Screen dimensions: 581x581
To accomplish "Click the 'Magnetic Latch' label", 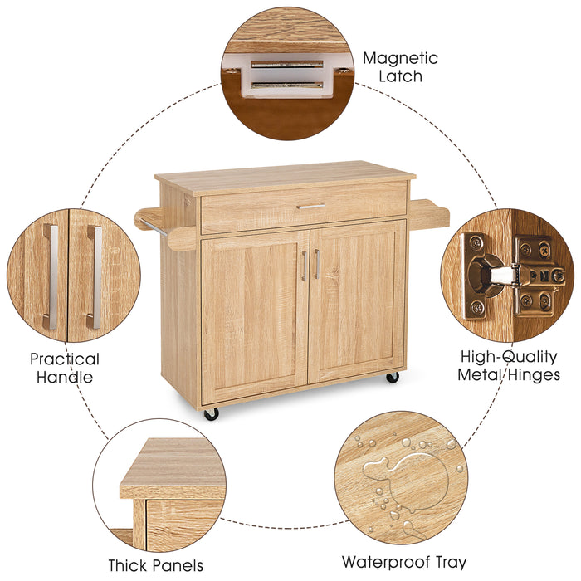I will coord(400,67).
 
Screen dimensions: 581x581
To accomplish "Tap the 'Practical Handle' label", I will coord(65,368).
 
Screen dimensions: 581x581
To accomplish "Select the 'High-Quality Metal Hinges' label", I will coord(509,365).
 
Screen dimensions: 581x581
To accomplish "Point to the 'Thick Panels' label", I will coord(155,565).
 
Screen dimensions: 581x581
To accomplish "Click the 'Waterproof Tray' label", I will coord(405,562).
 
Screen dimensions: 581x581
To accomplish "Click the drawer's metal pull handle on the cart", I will coord(311,206).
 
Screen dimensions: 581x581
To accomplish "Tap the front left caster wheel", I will coord(212,413).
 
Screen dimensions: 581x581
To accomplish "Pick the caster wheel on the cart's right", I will coord(393,377).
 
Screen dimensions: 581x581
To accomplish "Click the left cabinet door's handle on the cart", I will coord(304,266).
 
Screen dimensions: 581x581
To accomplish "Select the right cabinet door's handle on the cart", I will coord(316,264).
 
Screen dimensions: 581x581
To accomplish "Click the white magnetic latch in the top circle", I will coord(286,76).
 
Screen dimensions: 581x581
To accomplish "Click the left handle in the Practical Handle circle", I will coord(52,277).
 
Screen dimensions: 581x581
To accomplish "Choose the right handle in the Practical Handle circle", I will coord(94,277).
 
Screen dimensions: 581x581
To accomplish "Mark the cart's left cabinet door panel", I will coord(253,315).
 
